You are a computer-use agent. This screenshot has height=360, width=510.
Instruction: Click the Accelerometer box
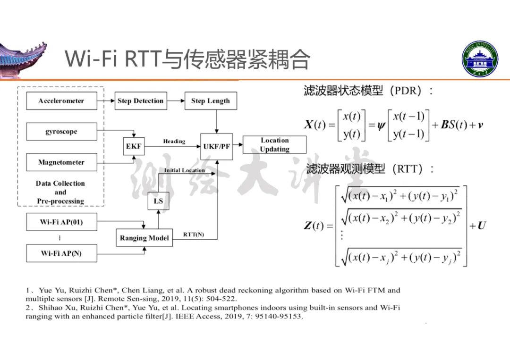[61, 101]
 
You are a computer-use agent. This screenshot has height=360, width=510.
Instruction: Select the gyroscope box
[61, 132]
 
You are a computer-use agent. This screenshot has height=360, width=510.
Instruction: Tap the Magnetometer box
[61, 162]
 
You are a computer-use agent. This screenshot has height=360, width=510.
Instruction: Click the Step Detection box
[141, 101]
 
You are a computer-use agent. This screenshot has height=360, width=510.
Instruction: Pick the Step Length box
[211, 101]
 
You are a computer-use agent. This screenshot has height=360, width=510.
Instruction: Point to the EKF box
[133, 146]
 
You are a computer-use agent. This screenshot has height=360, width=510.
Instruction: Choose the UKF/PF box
[216, 146]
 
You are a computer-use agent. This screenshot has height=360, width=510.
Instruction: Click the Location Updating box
[274, 145]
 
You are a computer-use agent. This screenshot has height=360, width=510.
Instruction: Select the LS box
[158, 201]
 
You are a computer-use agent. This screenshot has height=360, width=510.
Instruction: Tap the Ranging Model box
[144, 238]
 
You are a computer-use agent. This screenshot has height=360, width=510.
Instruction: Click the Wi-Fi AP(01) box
[61, 222]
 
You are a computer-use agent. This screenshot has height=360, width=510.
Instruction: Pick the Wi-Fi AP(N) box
[61, 253]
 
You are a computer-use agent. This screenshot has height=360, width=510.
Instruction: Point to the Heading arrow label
[174, 141]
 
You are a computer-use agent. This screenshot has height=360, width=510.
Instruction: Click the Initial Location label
[184, 170]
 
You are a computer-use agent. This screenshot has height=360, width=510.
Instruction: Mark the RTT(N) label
[194, 234]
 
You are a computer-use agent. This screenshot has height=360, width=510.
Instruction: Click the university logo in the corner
[479, 59]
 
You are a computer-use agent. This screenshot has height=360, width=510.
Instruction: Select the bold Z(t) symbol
[314, 226]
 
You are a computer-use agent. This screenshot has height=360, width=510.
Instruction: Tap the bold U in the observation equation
[482, 226]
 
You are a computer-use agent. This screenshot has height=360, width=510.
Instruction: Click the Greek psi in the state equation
[381, 126]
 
